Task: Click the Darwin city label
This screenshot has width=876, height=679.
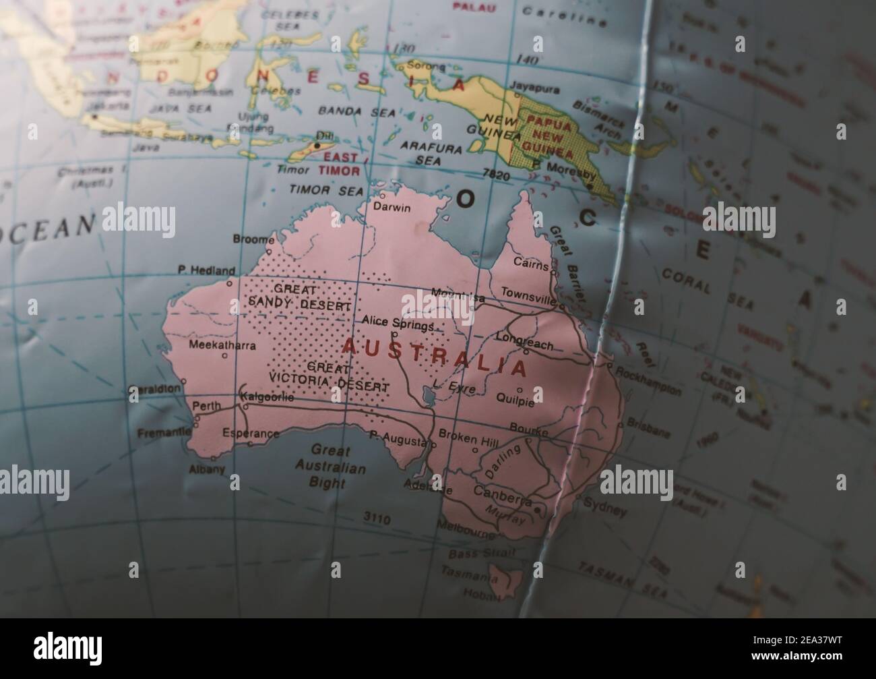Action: pos(392,208)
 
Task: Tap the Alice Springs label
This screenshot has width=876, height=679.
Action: pos(398,322)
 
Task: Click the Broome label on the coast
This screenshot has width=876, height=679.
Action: pos(253,239)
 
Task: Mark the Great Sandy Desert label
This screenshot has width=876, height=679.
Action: pos(299,297)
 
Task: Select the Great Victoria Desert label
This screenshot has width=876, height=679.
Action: pos(328,378)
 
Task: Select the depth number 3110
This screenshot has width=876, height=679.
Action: pos(377,519)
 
